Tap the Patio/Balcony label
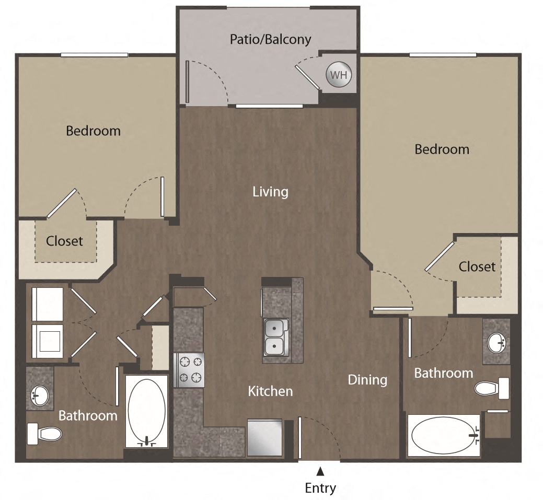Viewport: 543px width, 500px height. click(271, 39)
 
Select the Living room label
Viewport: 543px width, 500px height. click(270, 192)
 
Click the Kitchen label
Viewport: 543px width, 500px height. click(270, 391)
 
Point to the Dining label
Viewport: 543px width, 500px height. click(367, 379)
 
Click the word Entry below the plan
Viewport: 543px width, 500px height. click(320, 488)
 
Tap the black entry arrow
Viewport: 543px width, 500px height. click(320, 472)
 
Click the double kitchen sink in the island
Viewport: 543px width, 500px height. click(275, 337)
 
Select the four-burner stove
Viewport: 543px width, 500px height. click(189, 369)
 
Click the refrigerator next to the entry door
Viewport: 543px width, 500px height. click(265, 437)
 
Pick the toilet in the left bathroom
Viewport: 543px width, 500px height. click(44, 433)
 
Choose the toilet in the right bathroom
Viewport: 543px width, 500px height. click(492, 388)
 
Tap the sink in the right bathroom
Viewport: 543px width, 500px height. click(496, 343)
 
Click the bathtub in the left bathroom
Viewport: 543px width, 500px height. click(146, 411)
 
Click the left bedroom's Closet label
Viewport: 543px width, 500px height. click(64, 241)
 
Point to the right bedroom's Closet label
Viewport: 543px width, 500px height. click(477, 266)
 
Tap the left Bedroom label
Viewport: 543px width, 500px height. click(93, 131)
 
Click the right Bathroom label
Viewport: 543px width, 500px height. click(443, 373)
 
